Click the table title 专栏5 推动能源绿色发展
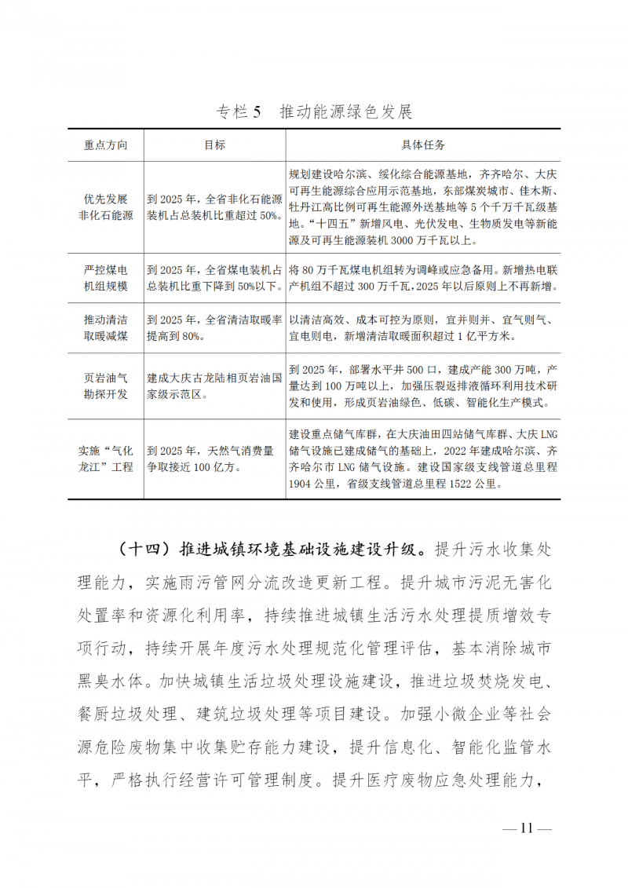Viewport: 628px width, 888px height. [314, 111]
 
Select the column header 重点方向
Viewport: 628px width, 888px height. [105, 146]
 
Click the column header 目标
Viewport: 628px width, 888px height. [214, 146]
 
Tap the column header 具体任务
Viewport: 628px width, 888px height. [423, 146]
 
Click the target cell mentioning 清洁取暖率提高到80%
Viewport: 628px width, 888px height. [214, 328]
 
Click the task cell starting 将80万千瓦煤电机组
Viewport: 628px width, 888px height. [423, 279]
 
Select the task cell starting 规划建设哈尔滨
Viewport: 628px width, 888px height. [423, 207]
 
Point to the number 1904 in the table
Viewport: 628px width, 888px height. [303, 484]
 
